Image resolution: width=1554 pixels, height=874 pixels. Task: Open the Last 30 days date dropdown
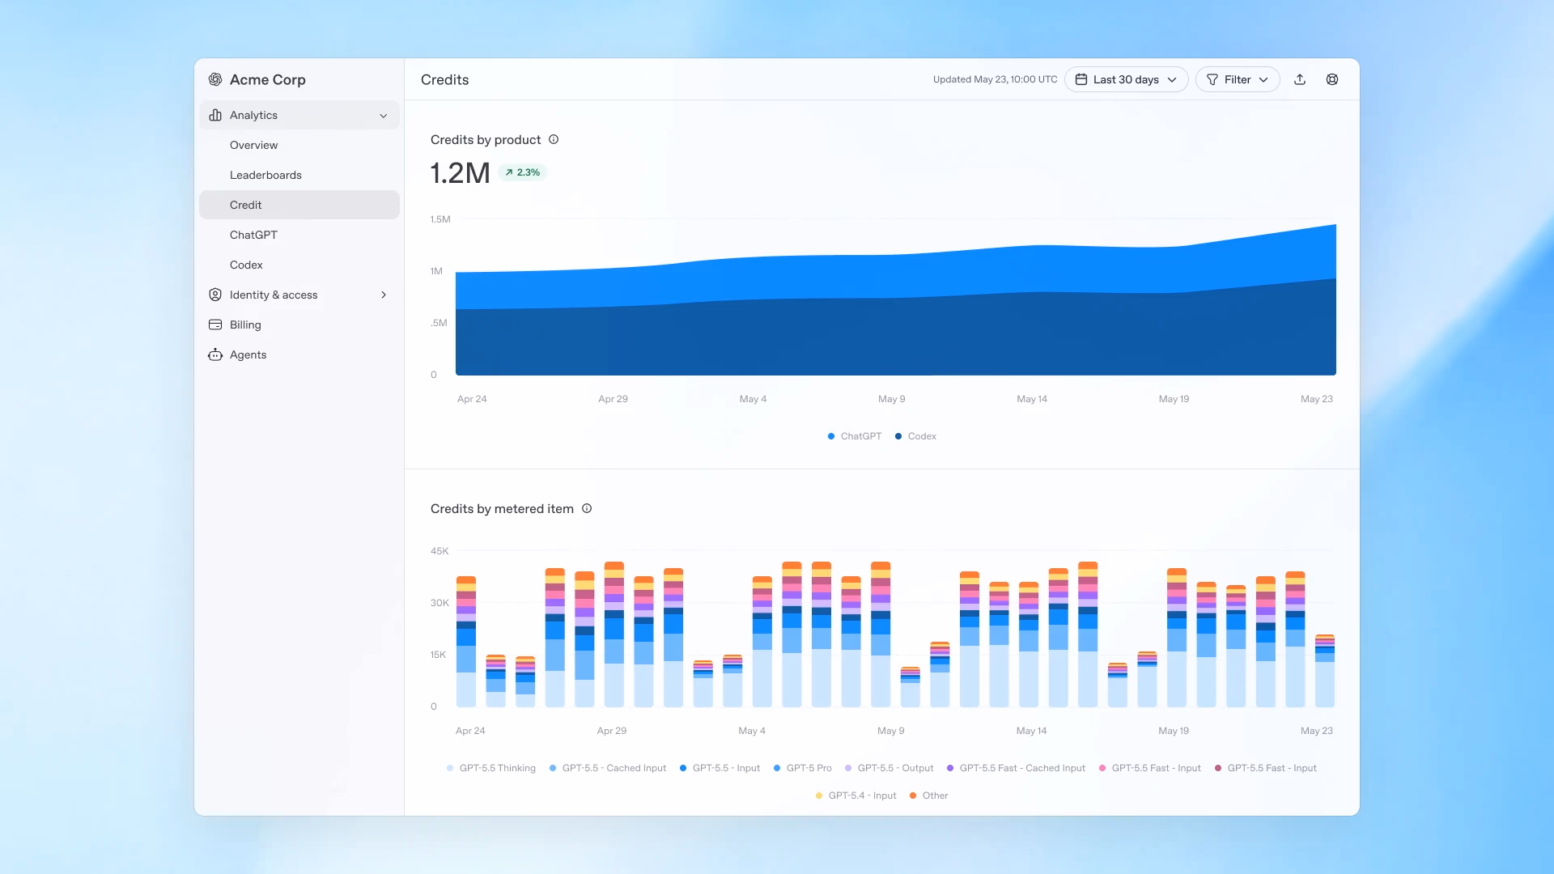click(x=1126, y=79)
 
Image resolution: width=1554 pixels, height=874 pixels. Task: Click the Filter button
click(x=1238, y=79)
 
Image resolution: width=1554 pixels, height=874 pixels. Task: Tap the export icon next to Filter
click(x=1300, y=79)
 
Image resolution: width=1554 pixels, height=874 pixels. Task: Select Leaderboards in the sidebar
click(x=265, y=175)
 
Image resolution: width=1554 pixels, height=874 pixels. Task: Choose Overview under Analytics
click(x=253, y=145)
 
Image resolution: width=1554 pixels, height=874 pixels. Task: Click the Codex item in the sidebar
click(x=246, y=265)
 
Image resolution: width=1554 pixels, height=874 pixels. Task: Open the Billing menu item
click(x=245, y=325)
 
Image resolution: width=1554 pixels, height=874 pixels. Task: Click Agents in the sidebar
click(x=248, y=354)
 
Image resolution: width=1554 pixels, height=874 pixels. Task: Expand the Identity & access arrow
click(x=384, y=295)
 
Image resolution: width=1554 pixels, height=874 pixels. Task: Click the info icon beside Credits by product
click(x=554, y=139)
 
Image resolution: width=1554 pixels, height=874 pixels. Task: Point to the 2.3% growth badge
click(x=523, y=172)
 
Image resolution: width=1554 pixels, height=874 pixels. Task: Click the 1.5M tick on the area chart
click(x=440, y=219)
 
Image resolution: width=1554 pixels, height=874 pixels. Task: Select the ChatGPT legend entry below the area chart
click(x=855, y=436)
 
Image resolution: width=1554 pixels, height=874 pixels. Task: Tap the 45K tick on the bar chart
click(x=439, y=551)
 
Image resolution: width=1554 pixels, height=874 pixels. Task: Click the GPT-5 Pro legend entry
click(x=803, y=768)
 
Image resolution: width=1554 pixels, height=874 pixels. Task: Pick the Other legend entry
click(x=929, y=796)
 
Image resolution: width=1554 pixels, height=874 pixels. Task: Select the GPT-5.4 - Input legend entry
click(x=856, y=796)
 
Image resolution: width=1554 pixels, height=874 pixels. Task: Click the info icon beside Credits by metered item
click(x=587, y=508)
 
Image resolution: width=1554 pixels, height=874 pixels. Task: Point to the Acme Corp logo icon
click(x=215, y=79)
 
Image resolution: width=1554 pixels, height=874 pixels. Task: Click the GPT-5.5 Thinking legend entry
click(x=491, y=768)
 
